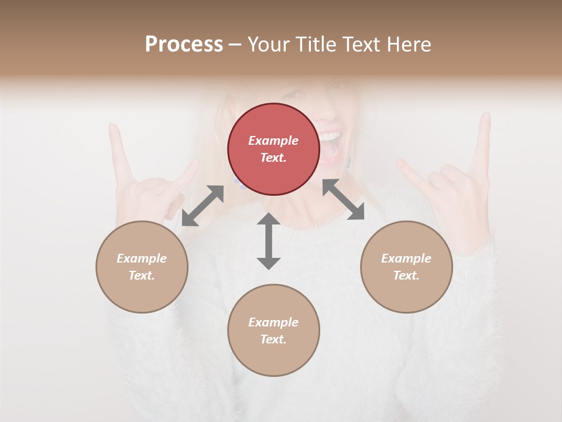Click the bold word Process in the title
point(184,45)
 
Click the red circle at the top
point(273,149)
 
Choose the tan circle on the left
point(142,267)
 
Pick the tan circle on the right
point(406,267)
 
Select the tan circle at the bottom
point(273,330)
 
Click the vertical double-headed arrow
point(269,241)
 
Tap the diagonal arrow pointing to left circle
point(203,206)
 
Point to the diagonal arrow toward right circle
point(344,199)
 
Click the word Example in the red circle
point(273,141)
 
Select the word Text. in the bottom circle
point(273,339)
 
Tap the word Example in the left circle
point(142,258)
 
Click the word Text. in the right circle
point(406,275)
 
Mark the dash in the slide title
point(235,45)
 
